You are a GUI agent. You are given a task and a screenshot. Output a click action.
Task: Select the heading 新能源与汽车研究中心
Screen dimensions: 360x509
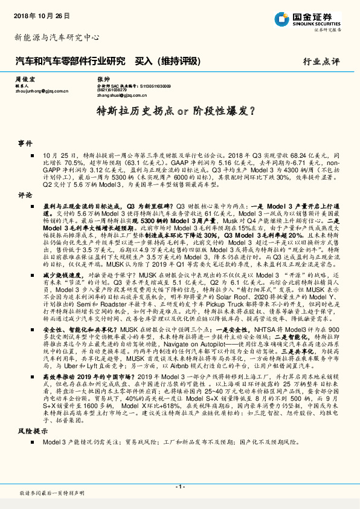(x=57, y=37)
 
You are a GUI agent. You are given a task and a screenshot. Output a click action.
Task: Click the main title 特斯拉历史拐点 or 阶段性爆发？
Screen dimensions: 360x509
(x=180, y=112)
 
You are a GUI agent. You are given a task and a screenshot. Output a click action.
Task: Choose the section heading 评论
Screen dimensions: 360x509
(x=25, y=195)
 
